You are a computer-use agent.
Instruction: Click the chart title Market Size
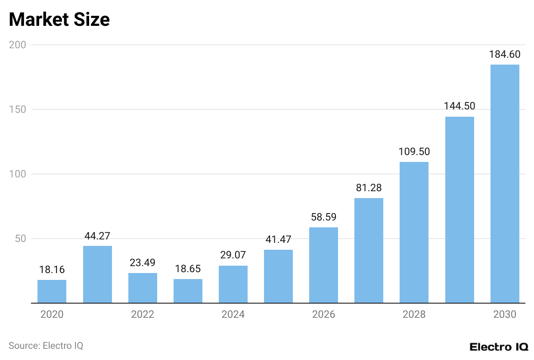coord(59,20)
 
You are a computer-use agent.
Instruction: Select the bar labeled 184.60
coord(505,184)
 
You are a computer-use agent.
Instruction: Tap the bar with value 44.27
coord(97,274)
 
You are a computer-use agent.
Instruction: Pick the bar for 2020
coord(52,292)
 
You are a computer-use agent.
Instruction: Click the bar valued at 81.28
coord(369,251)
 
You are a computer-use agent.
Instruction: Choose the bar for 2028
coord(414,233)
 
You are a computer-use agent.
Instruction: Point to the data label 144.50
coord(459,106)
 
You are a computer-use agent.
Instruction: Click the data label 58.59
coord(323,217)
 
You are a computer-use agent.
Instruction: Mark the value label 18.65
coord(188,269)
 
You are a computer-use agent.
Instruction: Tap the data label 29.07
coord(233,255)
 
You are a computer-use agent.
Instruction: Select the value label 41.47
coord(278,239)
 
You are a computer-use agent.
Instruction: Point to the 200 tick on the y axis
coord(18,45)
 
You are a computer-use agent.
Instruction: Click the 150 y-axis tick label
coord(18,109)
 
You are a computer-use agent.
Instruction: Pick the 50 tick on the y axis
coord(21,239)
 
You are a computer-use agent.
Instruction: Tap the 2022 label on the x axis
coord(143,315)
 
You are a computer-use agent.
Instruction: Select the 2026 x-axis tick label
coord(323,315)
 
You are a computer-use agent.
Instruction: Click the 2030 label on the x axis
coord(505,315)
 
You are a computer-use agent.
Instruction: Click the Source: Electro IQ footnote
coord(46,345)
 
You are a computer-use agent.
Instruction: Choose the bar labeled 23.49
coord(143,288)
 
